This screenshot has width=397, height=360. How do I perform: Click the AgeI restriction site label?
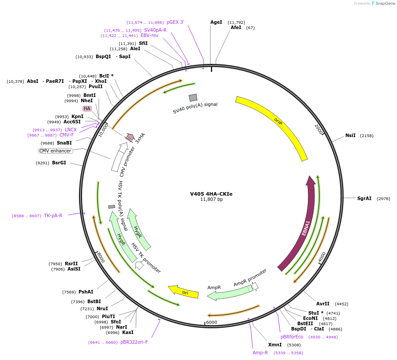[216, 22]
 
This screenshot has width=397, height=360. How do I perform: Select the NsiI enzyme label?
[350, 135]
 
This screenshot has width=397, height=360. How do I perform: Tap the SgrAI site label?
[364, 198]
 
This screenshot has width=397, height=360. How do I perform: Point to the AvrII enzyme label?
[323, 304]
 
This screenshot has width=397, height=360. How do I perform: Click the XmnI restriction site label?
[275, 345]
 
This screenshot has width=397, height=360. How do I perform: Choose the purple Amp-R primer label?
[260, 353]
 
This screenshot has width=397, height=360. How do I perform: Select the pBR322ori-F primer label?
[134, 342]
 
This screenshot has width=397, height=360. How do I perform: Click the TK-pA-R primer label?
[53, 216]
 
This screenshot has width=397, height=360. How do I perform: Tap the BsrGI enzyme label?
[59, 163]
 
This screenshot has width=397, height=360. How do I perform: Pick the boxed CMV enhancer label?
[55, 151]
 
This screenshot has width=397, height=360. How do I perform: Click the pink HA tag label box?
[87, 108]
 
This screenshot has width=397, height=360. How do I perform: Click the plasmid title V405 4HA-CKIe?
[211, 193]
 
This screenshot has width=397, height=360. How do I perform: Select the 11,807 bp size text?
[211, 200]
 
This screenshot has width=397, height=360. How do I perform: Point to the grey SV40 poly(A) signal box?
[193, 97]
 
